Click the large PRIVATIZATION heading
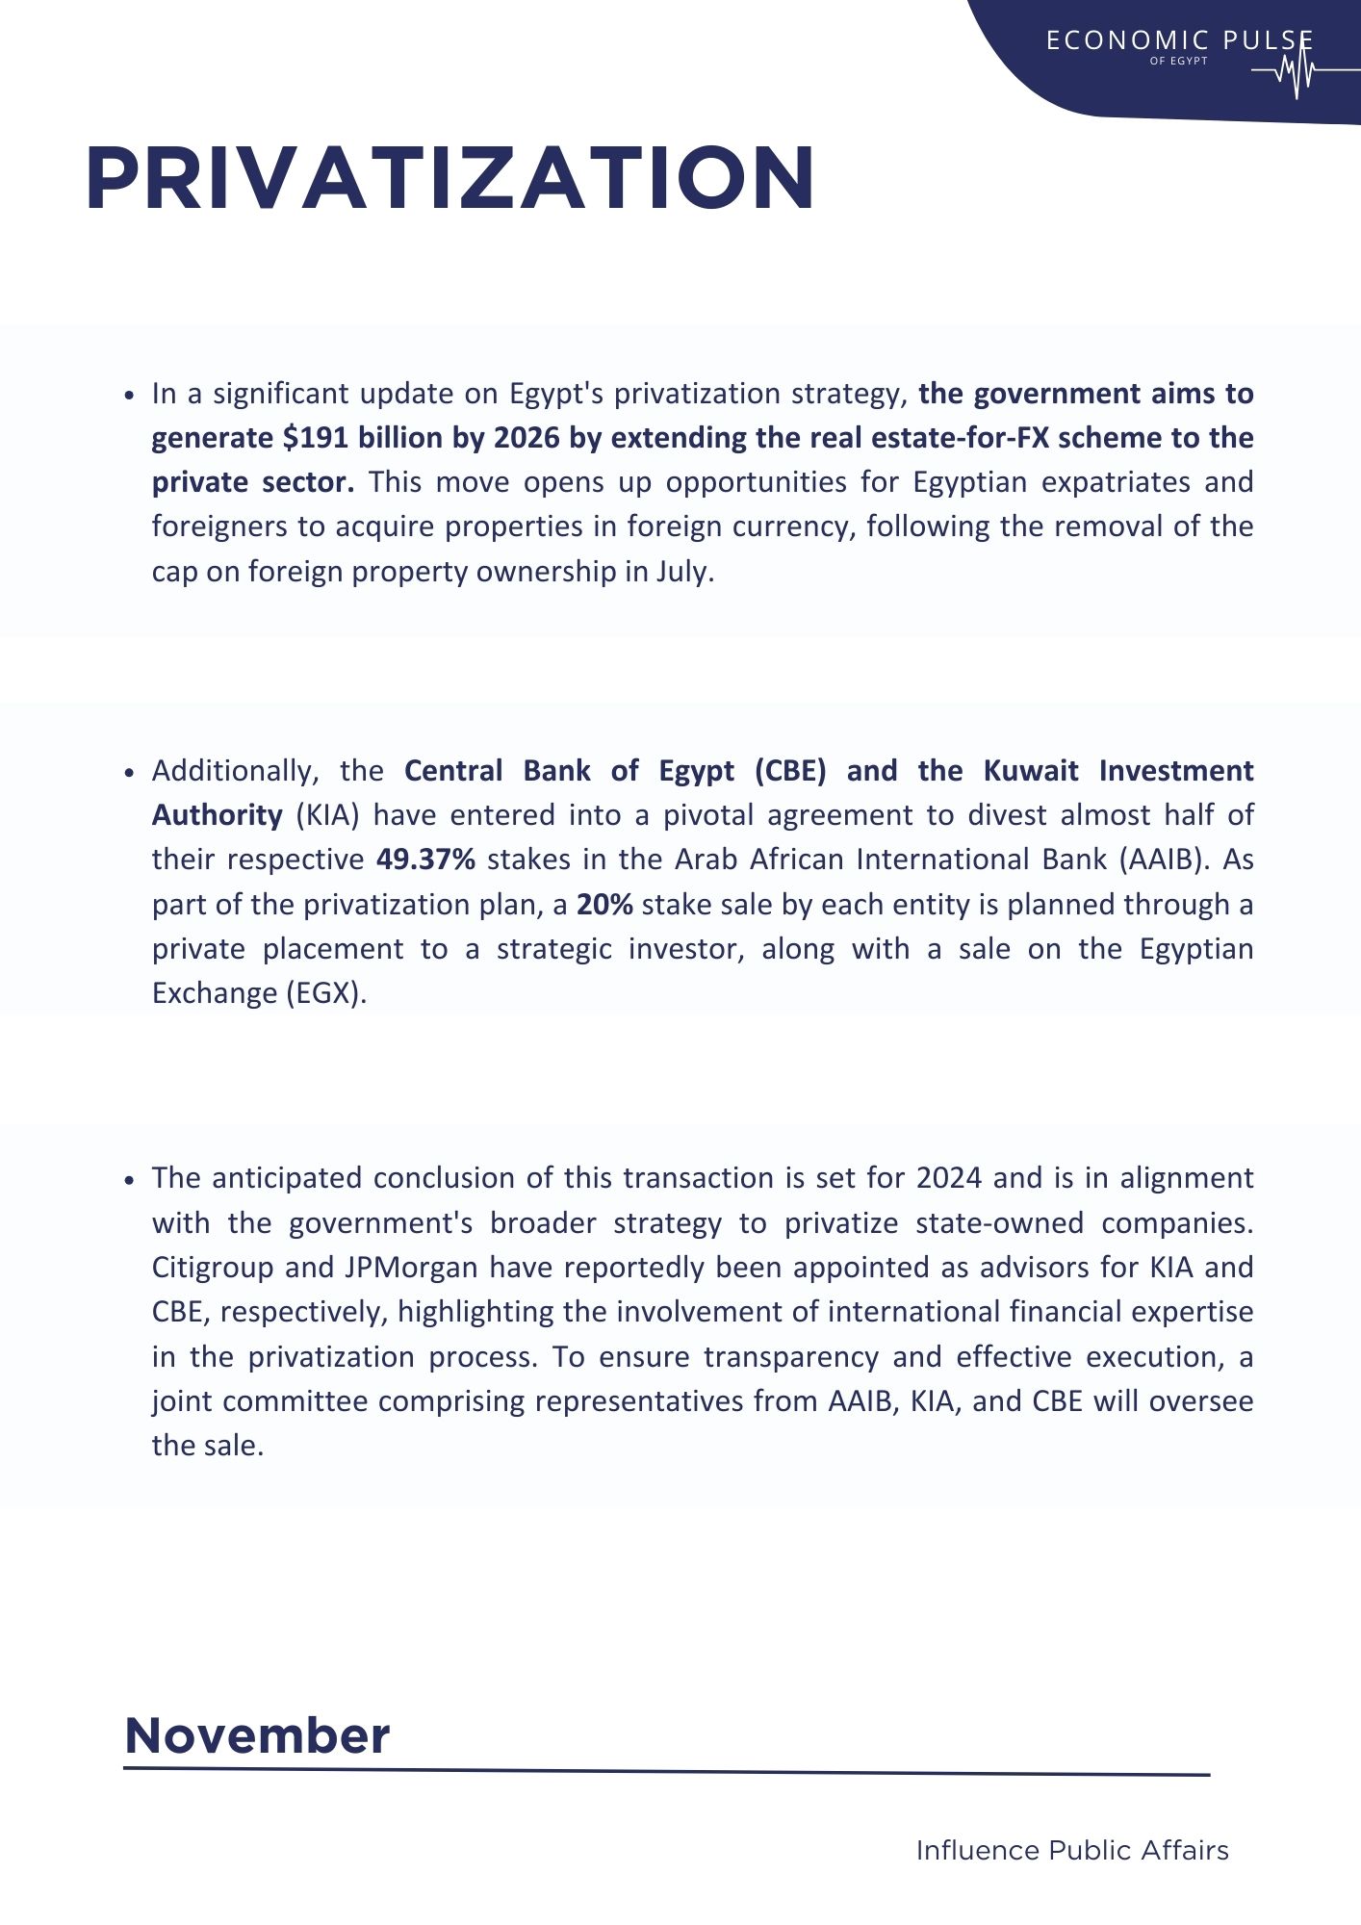[x=450, y=178]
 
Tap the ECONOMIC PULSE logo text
[x=1179, y=40]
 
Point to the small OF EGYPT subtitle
[x=1178, y=61]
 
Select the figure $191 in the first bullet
[x=315, y=438]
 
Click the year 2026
[x=526, y=438]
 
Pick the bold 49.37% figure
[x=425, y=860]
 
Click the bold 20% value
[x=604, y=905]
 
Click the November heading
[x=257, y=1736]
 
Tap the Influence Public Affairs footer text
[x=1072, y=1851]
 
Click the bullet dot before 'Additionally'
[x=129, y=773]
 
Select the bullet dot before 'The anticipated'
[x=129, y=1180]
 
